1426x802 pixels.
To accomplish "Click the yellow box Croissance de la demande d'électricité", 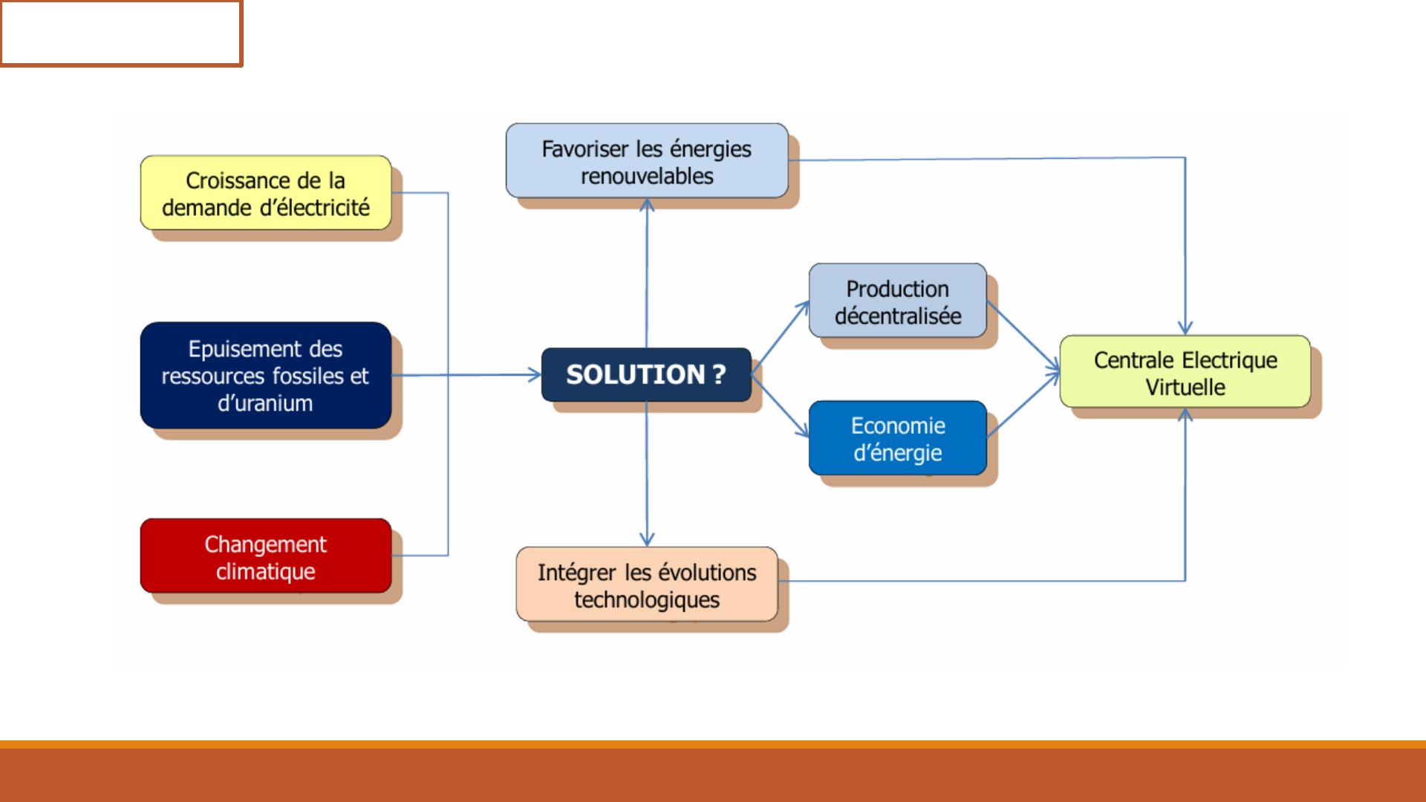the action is point(266,192).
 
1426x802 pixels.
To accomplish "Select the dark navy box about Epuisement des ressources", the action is point(266,375).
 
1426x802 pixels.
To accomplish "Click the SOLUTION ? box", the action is point(646,374).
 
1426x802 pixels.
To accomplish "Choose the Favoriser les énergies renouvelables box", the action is point(647,160).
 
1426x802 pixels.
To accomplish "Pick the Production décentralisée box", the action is point(898,300).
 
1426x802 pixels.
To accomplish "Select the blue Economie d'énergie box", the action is point(898,438).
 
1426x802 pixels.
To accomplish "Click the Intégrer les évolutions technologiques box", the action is point(647,584).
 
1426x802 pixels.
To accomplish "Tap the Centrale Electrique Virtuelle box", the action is point(1185,371).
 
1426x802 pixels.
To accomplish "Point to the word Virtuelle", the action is point(1185,387).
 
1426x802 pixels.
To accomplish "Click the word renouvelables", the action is point(647,176).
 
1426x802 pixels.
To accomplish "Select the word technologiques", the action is point(647,600).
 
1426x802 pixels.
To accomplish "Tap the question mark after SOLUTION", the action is point(718,374).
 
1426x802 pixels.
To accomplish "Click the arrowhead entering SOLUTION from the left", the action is point(535,375).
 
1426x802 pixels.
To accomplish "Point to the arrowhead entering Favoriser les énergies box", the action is point(647,205).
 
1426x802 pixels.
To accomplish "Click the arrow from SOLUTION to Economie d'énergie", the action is point(780,405).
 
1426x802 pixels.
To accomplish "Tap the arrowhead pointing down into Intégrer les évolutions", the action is point(647,539).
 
